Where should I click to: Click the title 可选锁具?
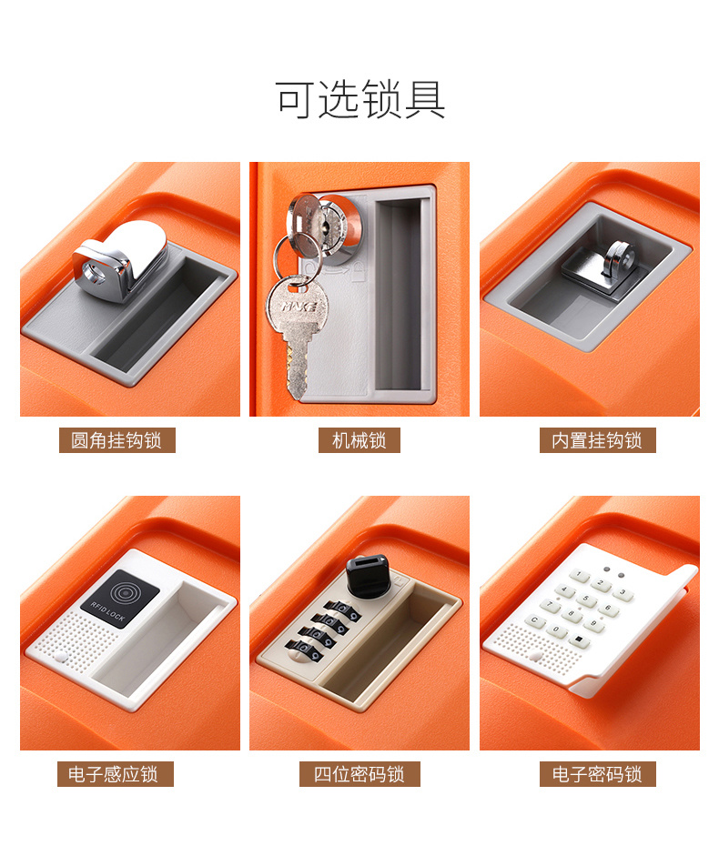click(x=360, y=99)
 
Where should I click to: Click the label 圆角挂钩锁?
click(x=116, y=440)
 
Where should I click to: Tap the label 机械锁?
click(x=359, y=440)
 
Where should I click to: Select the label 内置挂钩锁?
click(x=597, y=440)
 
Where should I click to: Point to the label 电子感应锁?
click(x=116, y=773)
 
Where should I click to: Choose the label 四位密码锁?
click(x=359, y=773)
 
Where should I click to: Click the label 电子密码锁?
click(x=597, y=773)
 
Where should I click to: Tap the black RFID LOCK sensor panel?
click(x=120, y=599)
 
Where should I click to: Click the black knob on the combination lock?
click(x=368, y=575)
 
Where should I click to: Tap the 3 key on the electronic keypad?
click(x=622, y=593)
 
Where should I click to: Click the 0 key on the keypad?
click(x=556, y=630)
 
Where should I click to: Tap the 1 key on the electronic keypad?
click(x=579, y=575)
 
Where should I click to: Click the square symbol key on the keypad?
click(x=579, y=640)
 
